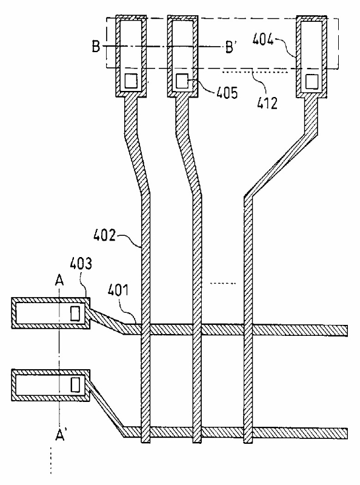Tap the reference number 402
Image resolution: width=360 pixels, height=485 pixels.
click(104, 236)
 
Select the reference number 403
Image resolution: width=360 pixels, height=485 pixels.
click(81, 264)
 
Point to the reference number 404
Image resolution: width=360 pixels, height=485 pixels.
click(263, 39)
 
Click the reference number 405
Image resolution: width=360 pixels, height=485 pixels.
click(227, 93)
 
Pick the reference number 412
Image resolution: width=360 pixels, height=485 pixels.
click(267, 103)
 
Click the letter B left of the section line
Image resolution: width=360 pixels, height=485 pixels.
click(96, 47)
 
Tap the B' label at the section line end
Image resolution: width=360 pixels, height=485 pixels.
click(230, 47)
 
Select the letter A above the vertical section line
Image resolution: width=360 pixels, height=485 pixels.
click(59, 281)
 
